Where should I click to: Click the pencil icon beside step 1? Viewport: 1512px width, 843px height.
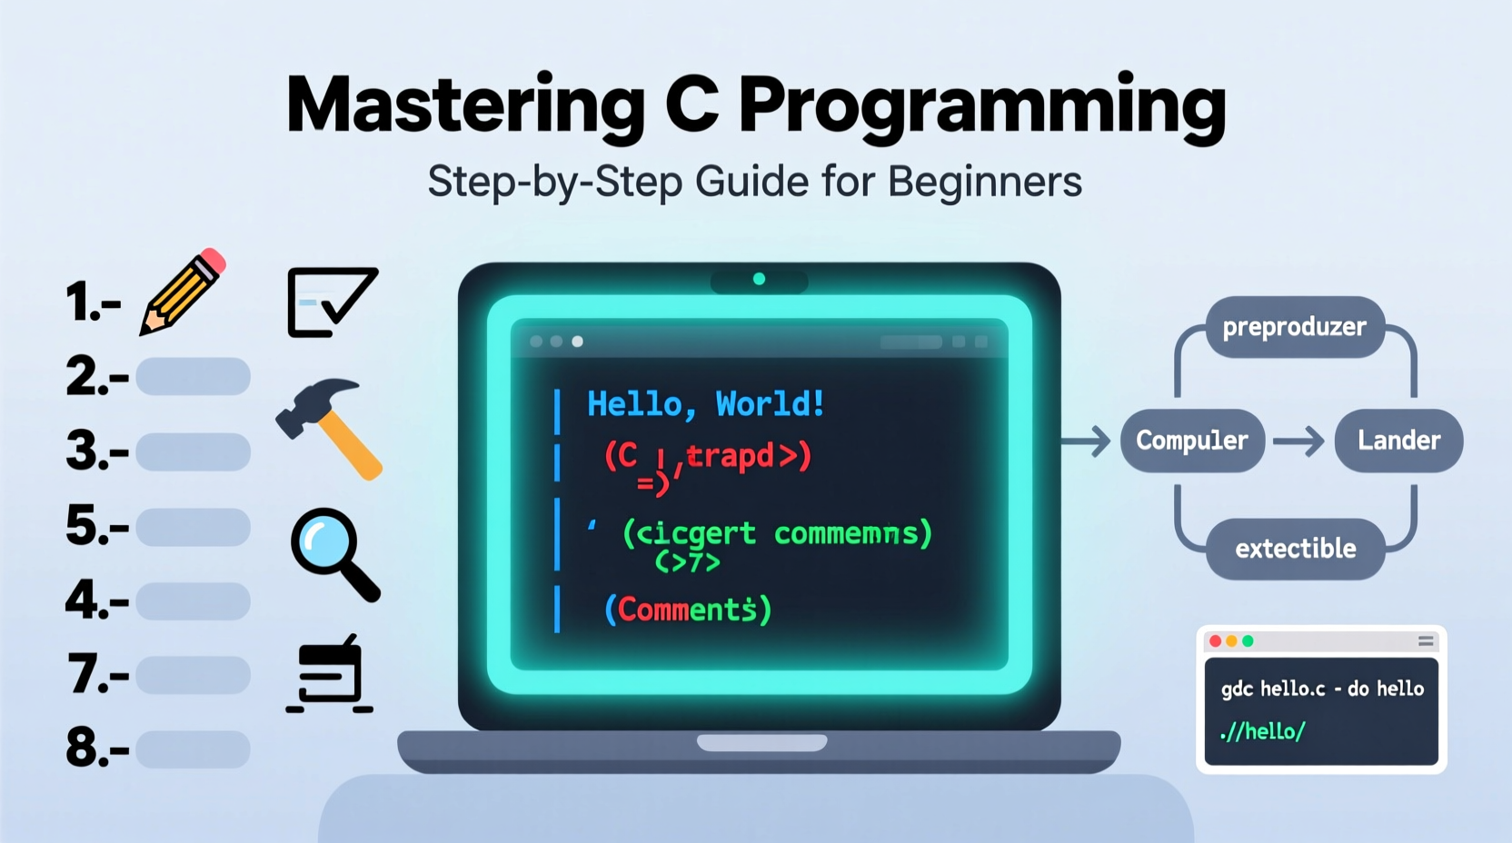click(183, 292)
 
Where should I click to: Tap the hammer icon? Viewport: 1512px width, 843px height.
click(329, 428)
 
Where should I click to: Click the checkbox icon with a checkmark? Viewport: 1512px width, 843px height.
click(332, 302)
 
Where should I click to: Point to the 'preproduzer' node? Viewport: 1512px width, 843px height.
click(1294, 327)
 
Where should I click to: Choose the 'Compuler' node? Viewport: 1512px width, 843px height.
click(1191, 441)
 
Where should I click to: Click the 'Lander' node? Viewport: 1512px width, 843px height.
click(1398, 441)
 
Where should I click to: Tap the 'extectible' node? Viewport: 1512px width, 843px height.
click(1295, 549)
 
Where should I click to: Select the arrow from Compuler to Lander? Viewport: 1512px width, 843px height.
click(1298, 442)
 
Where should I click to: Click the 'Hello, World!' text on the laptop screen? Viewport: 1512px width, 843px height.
click(705, 404)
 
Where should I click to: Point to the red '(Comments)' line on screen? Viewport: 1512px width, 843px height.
click(688, 610)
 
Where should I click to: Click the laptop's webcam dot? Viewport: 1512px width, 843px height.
click(759, 279)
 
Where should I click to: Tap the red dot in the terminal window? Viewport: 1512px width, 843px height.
click(1216, 641)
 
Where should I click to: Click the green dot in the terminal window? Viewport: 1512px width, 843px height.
click(1248, 641)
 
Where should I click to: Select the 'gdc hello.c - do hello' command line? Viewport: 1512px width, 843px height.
click(1322, 689)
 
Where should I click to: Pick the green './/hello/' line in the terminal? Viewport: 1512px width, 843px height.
click(1263, 731)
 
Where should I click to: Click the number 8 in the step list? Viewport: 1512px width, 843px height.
click(84, 748)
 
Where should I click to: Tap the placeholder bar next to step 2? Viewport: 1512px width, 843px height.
click(193, 376)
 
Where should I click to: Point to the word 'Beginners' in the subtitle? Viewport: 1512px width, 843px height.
click(985, 182)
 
